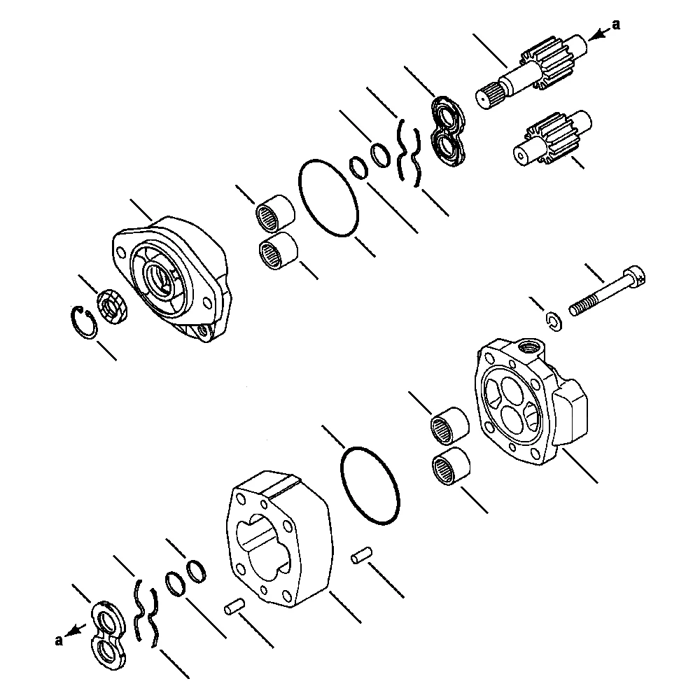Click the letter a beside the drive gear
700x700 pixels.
click(x=616, y=25)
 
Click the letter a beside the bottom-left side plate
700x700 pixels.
click(x=59, y=638)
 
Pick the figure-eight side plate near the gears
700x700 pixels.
click(x=446, y=132)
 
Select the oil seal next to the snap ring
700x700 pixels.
click(x=112, y=306)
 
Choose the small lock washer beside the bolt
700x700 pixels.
click(x=554, y=320)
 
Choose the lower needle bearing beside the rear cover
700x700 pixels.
click(x=449, y=466)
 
